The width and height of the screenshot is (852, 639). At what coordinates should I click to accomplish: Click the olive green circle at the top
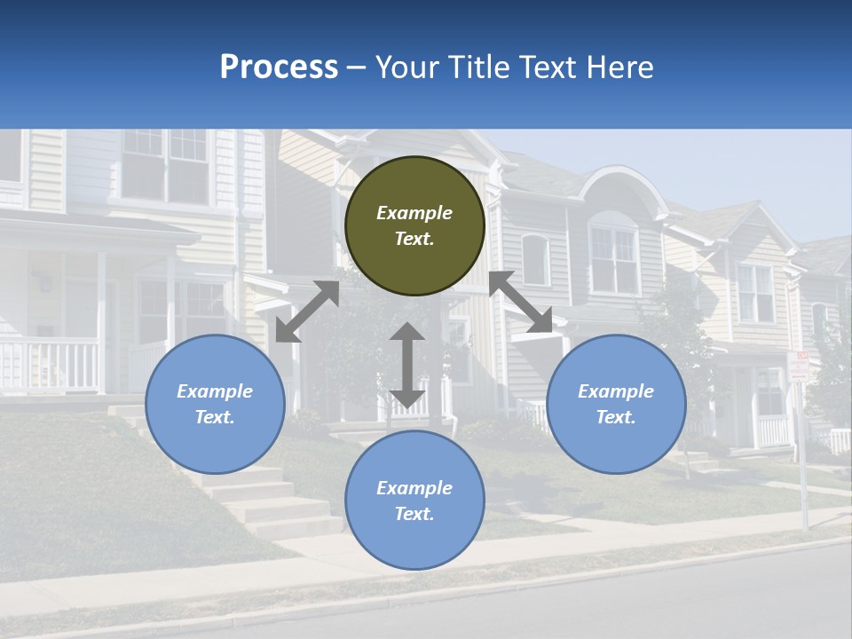coord(414,225)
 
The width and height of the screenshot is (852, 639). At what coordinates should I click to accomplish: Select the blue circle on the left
coord(215,404)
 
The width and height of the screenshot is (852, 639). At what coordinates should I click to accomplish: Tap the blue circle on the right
coord(616,404)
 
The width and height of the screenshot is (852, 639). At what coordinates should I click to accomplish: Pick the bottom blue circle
coord(414,500)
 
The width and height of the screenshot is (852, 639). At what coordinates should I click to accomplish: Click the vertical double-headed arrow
coord(407,365)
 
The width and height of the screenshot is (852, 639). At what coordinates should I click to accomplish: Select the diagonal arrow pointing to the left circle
coord(307,312)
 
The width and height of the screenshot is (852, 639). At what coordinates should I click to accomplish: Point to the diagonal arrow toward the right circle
coord(521,303)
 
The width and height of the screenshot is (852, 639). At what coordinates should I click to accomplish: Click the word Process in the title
coord(279,67)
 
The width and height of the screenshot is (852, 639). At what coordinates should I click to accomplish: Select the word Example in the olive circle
coord(414,213)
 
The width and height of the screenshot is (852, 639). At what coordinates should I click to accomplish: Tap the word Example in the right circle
coord(616,391)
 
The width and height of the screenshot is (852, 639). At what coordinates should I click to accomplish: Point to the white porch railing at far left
coord(49,364)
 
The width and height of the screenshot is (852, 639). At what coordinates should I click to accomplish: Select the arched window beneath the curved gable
coord(613,257)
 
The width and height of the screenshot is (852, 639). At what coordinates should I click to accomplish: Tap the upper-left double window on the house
coord(165,164)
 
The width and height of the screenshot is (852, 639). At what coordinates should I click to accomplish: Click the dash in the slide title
coord(356,67)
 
